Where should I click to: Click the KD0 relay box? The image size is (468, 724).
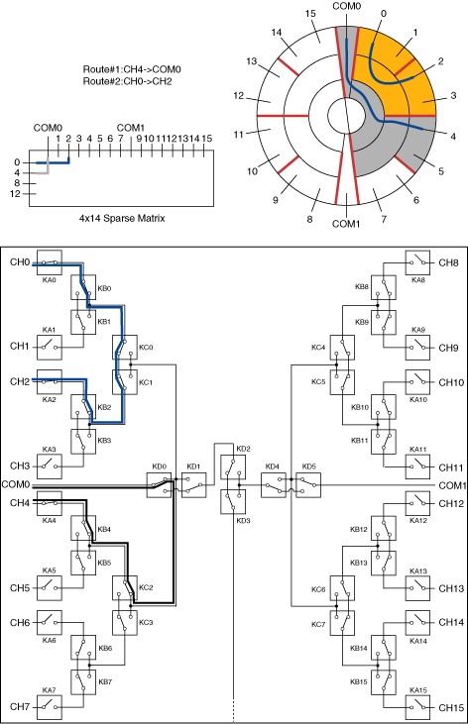159,485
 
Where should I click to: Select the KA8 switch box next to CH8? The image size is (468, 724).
417,262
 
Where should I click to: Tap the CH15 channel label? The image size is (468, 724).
451,707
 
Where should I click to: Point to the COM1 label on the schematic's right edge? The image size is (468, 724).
453,485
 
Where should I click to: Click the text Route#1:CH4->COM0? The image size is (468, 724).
132,69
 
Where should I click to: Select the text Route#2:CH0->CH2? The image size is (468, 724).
127,81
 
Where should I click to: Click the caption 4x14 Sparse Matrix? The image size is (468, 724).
122,218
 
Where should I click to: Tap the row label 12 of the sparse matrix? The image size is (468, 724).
15,194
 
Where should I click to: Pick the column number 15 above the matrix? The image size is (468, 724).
206,138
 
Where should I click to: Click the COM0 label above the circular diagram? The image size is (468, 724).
346,6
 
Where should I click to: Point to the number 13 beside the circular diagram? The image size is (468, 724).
251,61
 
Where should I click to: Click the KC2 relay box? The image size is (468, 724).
125,587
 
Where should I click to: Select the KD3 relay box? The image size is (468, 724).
233,501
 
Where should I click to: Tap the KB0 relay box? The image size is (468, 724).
83,287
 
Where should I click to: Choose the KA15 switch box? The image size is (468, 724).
417,707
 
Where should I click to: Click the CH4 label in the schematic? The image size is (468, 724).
20,503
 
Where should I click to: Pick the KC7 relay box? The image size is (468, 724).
342,623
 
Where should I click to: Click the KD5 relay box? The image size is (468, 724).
308,485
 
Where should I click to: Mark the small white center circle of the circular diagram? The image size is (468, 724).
346,114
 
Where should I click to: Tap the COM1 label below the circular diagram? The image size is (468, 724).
346,224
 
